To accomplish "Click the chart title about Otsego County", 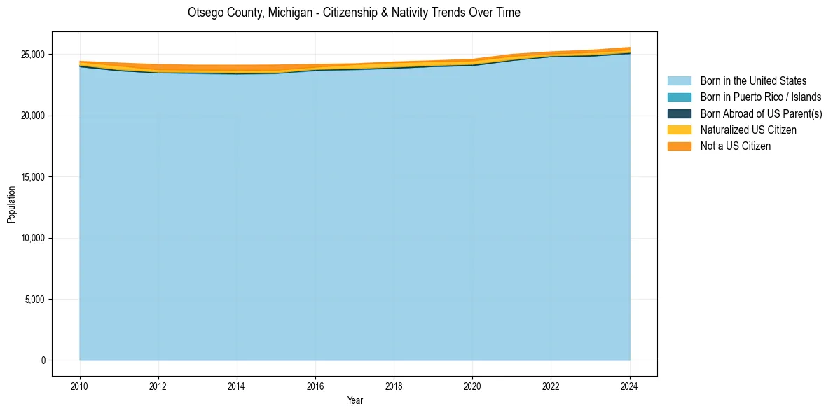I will (x=354, y=13).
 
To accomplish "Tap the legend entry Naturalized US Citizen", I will (x=748, y=130).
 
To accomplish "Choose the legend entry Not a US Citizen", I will (x=736, y=146).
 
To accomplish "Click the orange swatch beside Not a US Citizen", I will (x=679, y=146).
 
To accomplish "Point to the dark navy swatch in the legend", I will (x=679, y=113).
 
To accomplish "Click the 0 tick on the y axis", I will (x=43, y=360).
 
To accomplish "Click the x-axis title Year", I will (x=354, y=400).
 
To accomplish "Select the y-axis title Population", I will (x=11, y=204).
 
